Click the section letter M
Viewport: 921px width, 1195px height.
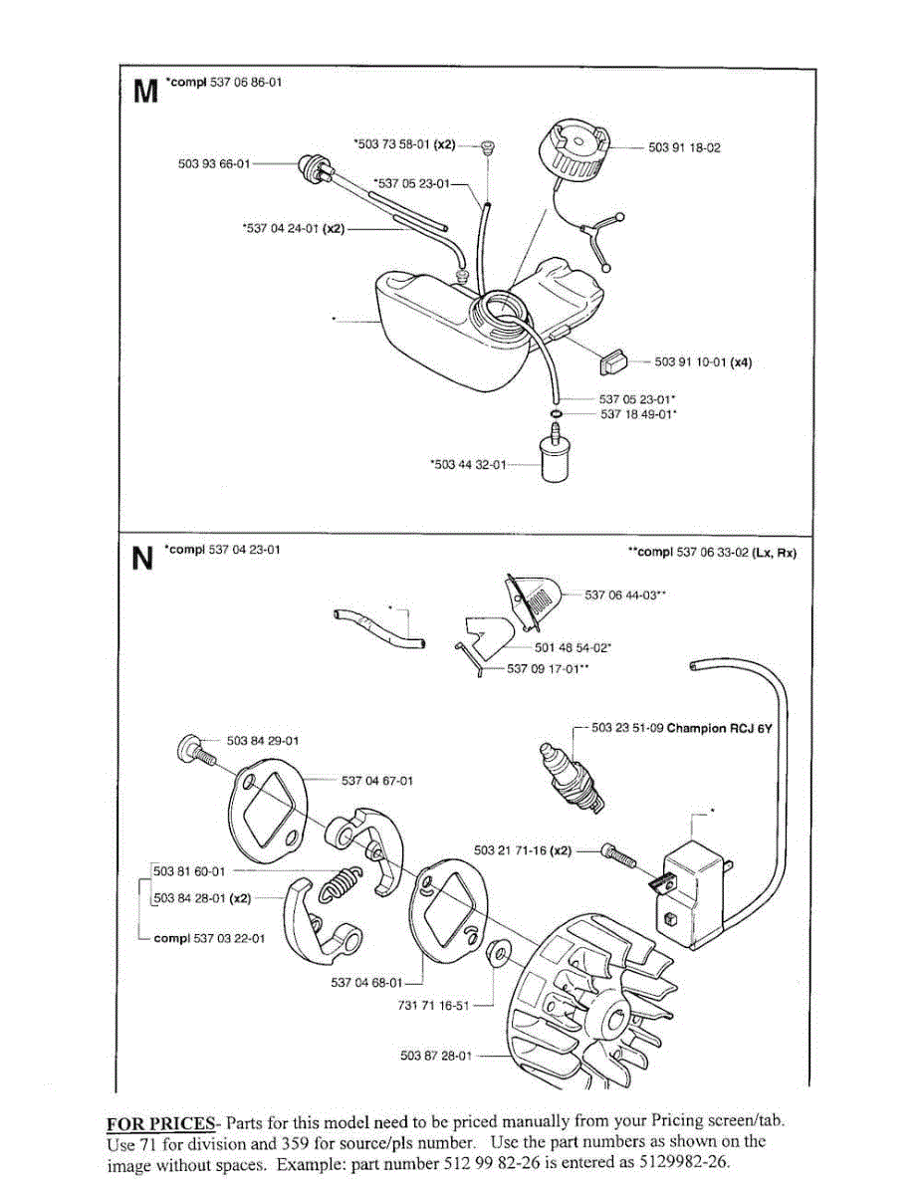(x=144, y=92)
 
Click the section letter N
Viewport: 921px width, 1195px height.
(x=143, y=559)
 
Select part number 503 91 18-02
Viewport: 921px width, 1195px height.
(x=684, y=147)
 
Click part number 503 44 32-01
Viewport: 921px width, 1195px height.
(x=469, y=463)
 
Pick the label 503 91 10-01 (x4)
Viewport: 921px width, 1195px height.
(x=702, y=362)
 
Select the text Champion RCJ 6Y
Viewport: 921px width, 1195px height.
(x=719, y=728)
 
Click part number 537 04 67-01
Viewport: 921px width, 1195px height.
(x=376, y=781)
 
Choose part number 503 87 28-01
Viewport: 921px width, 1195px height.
(x=435, y=1055)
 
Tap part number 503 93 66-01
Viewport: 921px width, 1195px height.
(x=213, y=163)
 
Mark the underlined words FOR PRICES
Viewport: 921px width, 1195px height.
(x=159, y=1121)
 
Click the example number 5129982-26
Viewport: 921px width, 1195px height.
(x=685, y=1165)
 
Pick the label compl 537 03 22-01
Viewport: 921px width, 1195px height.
(x=209, y=937)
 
